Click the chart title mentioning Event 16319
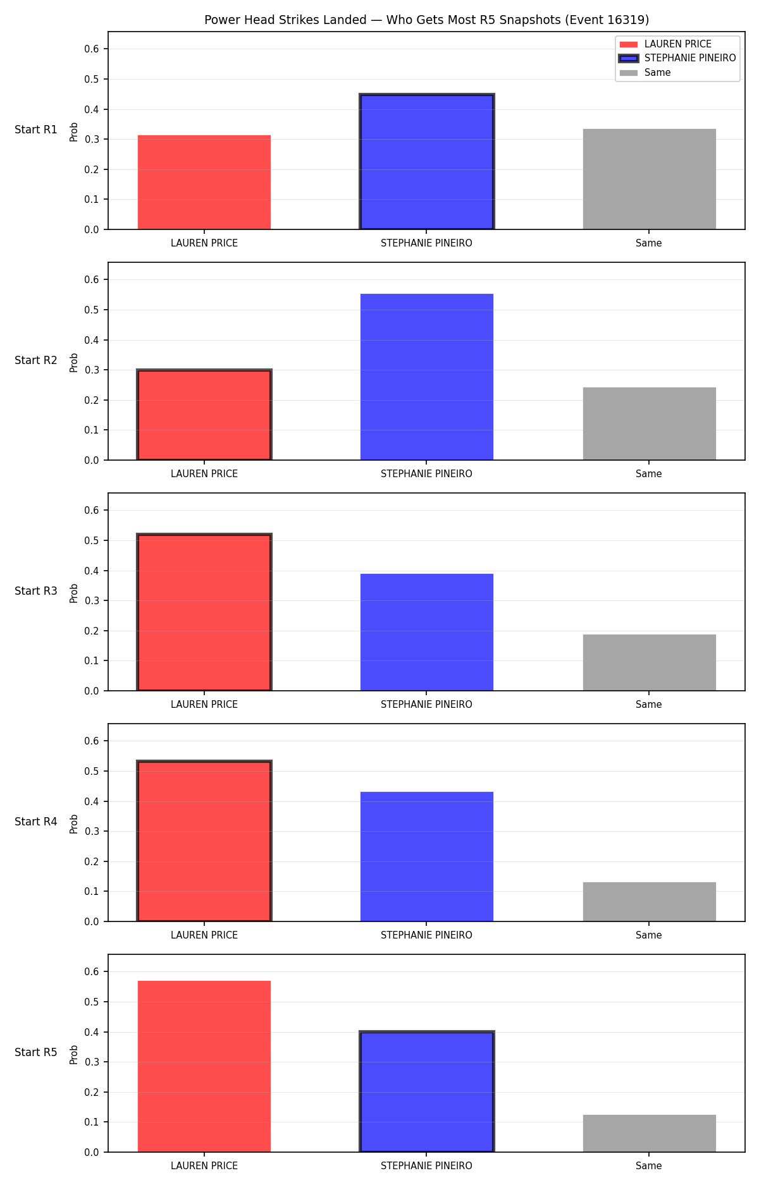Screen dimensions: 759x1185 [426, 20]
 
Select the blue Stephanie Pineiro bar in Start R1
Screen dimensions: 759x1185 [427, 162]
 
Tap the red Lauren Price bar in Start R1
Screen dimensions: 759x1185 [204, 182]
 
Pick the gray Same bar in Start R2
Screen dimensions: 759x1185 [649, 423]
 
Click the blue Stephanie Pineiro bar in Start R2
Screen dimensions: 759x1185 [427, 377]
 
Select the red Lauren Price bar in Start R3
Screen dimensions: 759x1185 [204, 612]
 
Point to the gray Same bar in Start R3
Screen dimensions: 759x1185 [649, 662]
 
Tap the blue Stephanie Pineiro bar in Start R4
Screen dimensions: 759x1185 [427, 856]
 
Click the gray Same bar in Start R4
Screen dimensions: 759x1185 [649, 902]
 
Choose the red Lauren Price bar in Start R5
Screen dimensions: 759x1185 [204, 1066]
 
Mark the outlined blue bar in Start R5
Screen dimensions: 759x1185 [427, 1092]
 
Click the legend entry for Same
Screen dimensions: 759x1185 [645, 73]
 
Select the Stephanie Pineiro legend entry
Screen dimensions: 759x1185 [677, 58]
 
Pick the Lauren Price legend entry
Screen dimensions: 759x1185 [665, 44]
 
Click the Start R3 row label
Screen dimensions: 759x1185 [36, 591]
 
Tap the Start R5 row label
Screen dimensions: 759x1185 [36, 1052]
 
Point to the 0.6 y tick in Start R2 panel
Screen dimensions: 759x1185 [92, 279]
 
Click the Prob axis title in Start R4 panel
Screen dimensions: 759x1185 [74, 823]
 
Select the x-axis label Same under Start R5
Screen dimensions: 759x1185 [649, 1166]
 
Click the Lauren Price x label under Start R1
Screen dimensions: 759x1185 [204, 243]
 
